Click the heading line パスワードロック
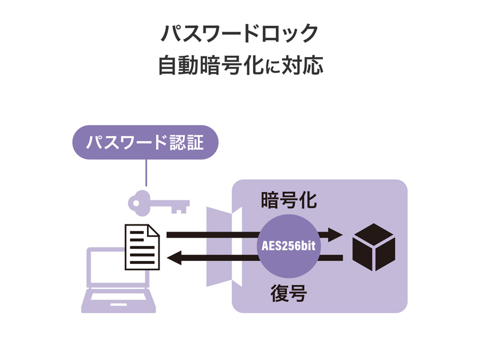240,34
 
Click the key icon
158,202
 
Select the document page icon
142,247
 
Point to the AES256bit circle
289,246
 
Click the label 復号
289,293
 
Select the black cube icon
374,247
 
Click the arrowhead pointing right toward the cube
335,235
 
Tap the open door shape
223,246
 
